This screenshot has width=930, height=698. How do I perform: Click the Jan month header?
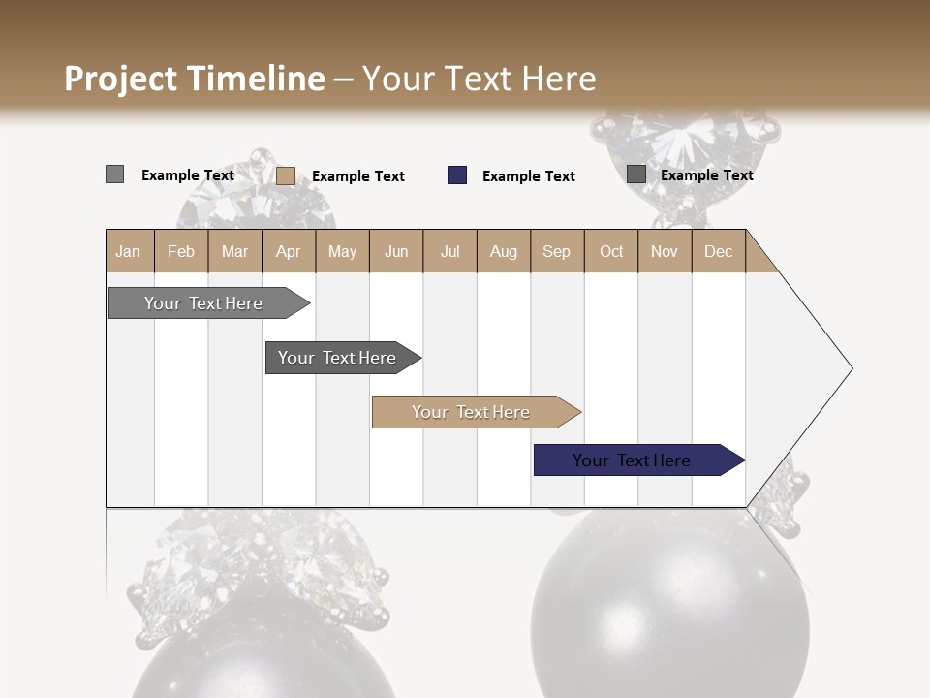tap(128, 251)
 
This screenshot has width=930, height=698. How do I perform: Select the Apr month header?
tap(289, 251)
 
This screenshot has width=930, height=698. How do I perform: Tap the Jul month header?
tap(449, 251)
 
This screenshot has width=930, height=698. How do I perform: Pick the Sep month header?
tap(556, 251)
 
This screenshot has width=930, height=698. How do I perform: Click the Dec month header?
tap(718, 251)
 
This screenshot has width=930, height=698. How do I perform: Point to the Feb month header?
tap(181, 251)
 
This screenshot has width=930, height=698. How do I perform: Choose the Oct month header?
tap(611, 251)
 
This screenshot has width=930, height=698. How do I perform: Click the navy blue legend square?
tap(457, 175)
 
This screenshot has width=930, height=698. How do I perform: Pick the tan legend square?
tap(286, 175)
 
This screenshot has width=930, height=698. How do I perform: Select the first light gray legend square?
tap(114, 174)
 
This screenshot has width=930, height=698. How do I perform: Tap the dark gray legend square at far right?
tap(635, 174)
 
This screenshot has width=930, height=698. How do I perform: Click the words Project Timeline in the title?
tap(194, 79)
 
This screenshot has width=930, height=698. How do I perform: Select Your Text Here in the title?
tap(479, 79)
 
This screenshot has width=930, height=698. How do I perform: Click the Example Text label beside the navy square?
tap(528, 176)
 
